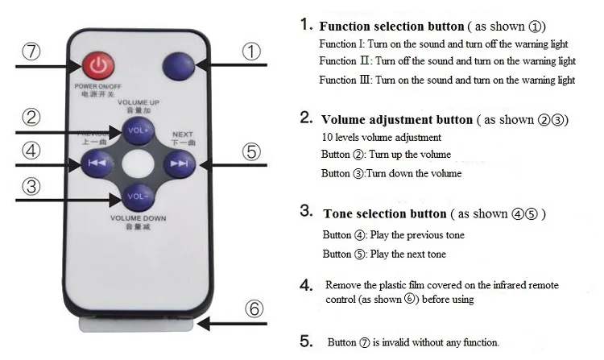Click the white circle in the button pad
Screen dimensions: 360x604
coord(135,163)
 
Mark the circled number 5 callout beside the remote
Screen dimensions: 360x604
coord(252,151)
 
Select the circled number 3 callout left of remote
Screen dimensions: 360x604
coord(31,187)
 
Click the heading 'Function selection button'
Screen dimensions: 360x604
coord(391,26)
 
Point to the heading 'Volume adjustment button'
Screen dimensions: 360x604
coord(396,119)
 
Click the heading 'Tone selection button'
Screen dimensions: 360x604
coord(384,213)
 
